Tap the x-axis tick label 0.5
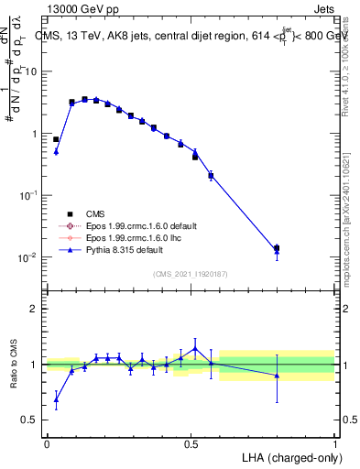[x=191, y=443]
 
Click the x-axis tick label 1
[x=335, y=443]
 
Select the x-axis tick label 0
[x=47, y=443]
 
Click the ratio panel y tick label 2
[x=34, y=310]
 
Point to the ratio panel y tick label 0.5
[x=30, y=420]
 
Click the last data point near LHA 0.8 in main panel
[x=277, y=248]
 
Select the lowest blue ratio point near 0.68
[x=56, y=399]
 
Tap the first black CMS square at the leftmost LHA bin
[x=56, y=139]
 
